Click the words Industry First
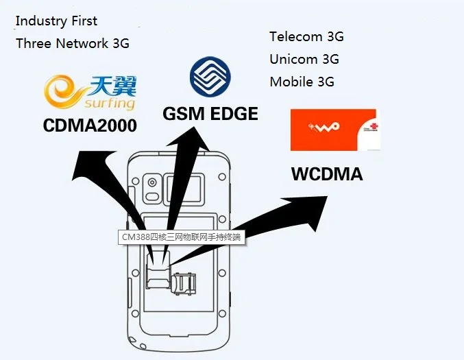click(x=56, y=21)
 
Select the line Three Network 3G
click(x=72, y=43)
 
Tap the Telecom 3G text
click(x=306, y=37)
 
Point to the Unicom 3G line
click(x=304, y=60)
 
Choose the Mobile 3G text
click(x=302, y=82)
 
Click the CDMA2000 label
click(x=89, y=126)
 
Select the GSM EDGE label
click(x=210, y=114)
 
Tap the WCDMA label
click(x=327, y=174)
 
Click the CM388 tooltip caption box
click(x=181, y=238)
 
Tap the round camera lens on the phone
click(x=152, y=182)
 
